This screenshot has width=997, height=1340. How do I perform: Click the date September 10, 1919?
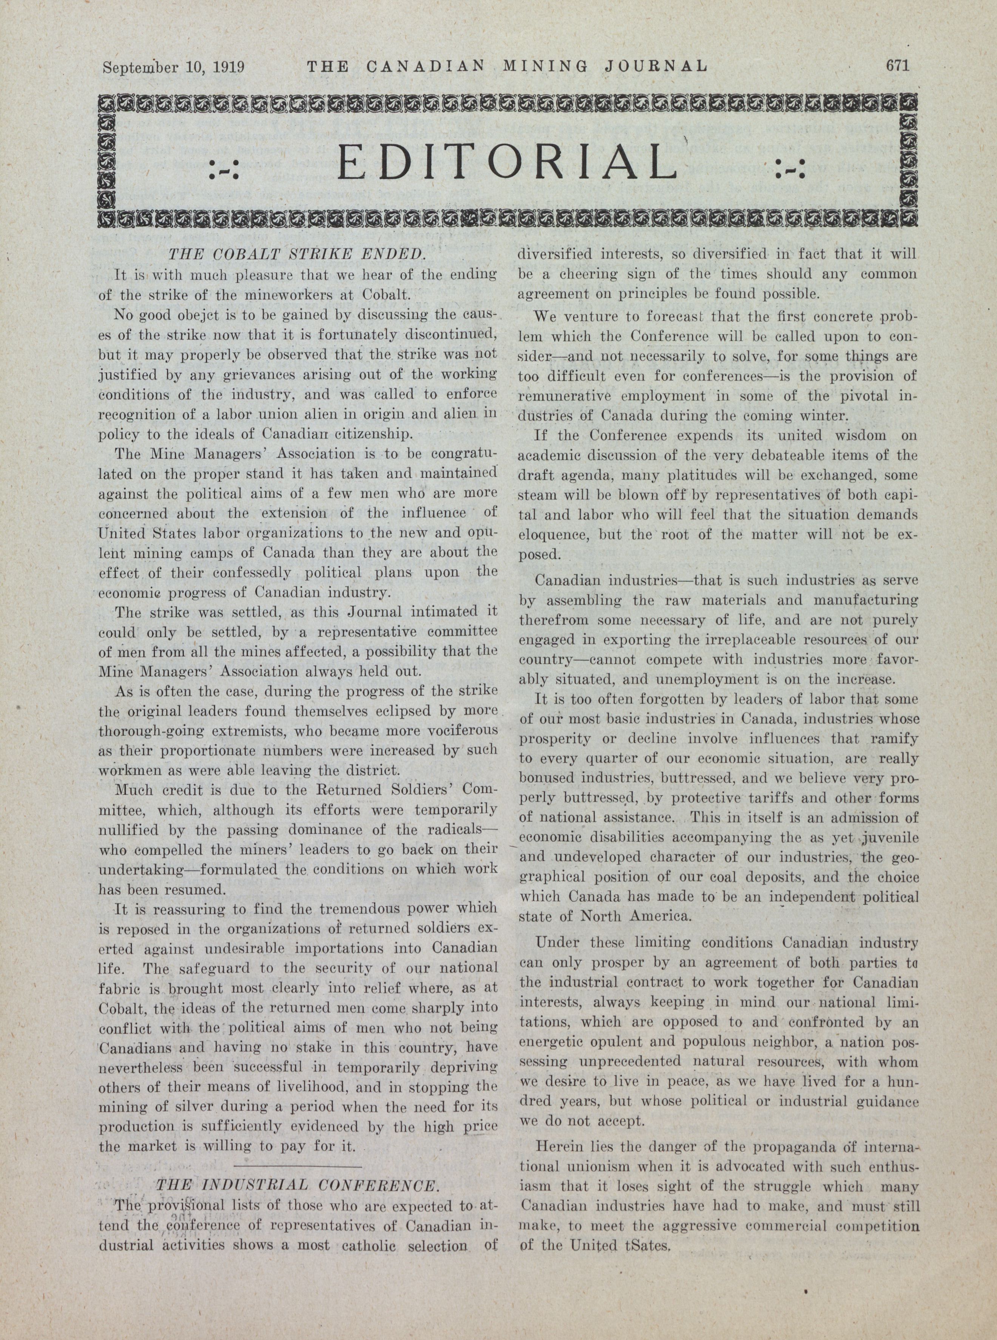point(173,66)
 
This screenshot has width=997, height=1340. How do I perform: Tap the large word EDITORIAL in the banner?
point(506,162)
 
